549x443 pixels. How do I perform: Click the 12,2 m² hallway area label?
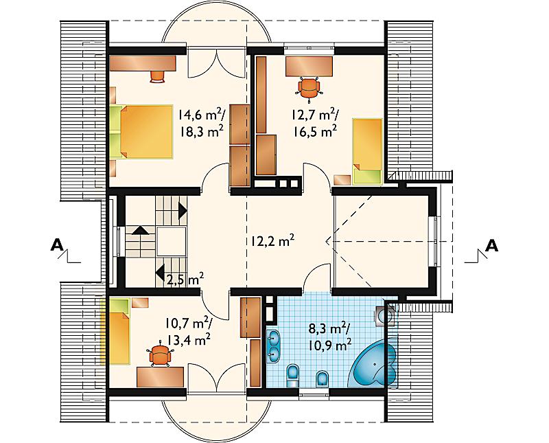[272, 241]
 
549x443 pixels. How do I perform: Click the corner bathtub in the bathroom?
[373, 365]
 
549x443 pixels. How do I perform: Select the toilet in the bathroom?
[292, 376]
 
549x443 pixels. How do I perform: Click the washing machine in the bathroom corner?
[385, 315]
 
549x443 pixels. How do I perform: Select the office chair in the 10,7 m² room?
[160, 354]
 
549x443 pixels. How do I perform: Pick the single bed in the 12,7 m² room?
[367, 151]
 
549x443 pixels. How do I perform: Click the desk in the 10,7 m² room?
[161, 377]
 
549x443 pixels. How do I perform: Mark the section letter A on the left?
[57, 245]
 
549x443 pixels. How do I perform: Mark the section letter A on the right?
[491, 245]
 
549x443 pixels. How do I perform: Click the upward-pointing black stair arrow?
[140, 230]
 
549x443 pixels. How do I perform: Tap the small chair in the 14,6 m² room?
[157, 76]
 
